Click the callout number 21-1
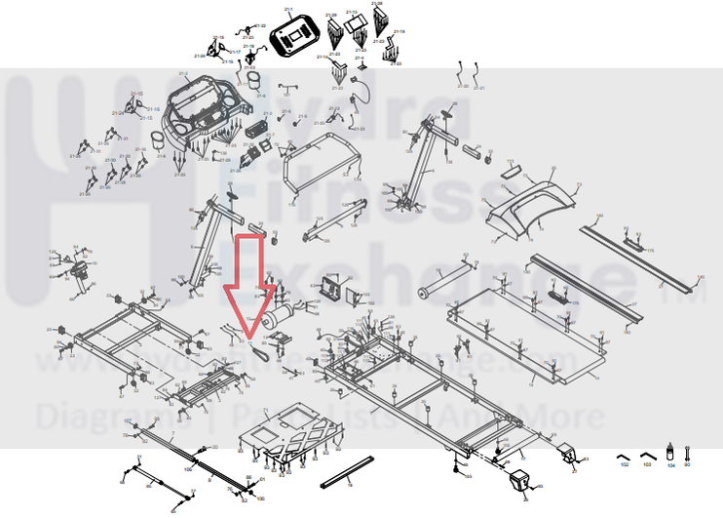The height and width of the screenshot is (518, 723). [288, 9]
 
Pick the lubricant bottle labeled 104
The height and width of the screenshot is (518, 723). [669, 454]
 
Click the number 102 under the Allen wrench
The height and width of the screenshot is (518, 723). [625, 466]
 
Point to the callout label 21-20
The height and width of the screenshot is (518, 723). [462, 87]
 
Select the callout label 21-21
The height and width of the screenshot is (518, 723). [478, 87]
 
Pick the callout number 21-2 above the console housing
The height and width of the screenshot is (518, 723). [183, 73]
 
